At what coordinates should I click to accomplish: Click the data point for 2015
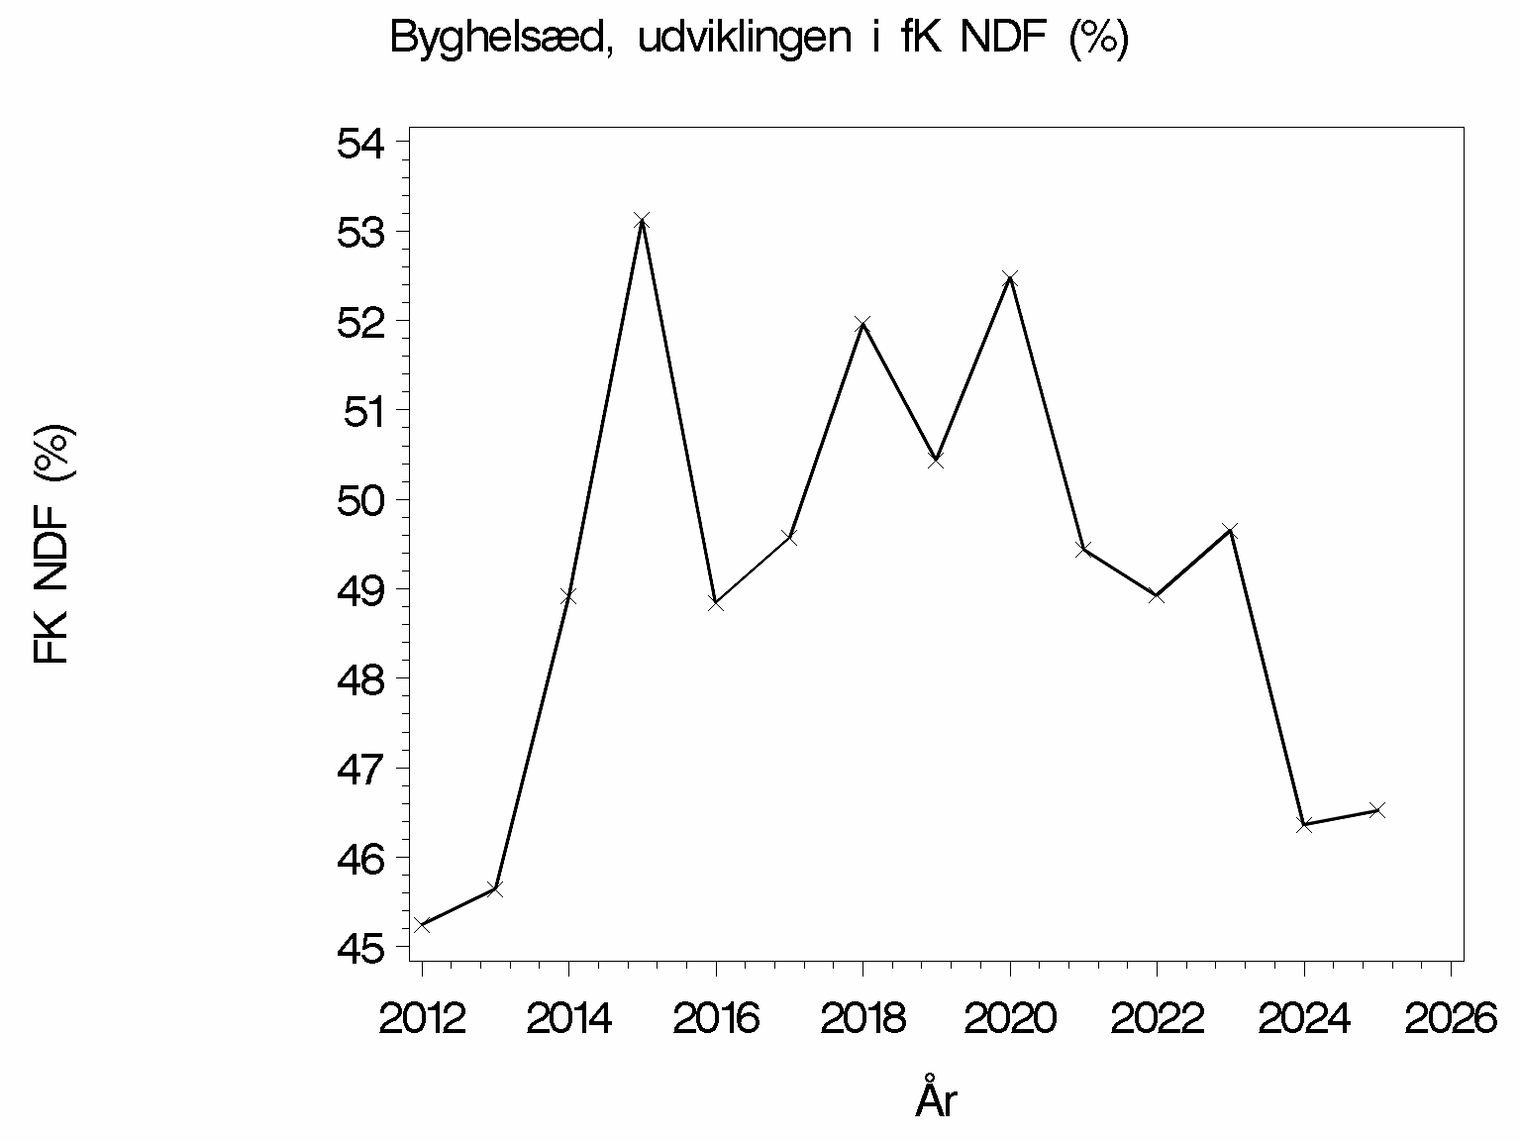click(642, 220)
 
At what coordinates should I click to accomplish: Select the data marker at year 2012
click(422, 925)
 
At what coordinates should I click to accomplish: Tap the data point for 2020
click(1010, 278)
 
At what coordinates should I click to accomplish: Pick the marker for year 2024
click(1304, 824)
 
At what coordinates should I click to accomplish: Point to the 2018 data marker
click(862, 324)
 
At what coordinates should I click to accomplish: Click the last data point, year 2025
click(1377, 810)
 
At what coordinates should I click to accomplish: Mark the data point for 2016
click(716, 602)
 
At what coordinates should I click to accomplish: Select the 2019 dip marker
click(936, 461)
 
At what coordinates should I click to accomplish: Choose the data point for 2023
click(1230, 531)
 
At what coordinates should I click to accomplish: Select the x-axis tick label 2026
click(1451, 1018)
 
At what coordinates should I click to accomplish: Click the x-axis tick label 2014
click(568, 1018)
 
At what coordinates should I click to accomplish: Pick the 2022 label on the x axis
click(1157, 1018)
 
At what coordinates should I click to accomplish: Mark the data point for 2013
click(495, 888)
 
